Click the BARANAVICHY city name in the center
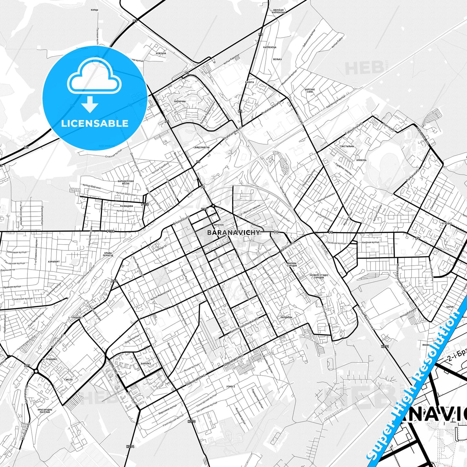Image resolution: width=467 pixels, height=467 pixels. (233, 232)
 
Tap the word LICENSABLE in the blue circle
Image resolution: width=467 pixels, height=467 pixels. (95, 123)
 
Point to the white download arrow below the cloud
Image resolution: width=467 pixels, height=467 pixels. (90, 104)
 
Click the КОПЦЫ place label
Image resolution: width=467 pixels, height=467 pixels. (94, 10)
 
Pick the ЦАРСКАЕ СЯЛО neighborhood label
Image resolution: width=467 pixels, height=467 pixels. (310, 90)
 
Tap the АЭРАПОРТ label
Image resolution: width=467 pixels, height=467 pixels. (54, 261)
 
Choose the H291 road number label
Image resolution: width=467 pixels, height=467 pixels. (385, 346)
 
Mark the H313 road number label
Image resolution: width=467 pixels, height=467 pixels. (191, 421)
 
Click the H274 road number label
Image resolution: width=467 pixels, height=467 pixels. (130, 447)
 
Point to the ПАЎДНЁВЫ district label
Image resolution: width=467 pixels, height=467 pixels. (286, 317)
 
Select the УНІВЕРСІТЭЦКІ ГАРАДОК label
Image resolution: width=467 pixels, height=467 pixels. (319, 276)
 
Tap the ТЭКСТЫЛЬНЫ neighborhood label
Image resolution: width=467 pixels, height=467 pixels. (346, 146)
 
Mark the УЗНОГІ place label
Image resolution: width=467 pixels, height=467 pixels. (231, 386)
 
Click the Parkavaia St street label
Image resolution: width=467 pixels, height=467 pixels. (413, 179)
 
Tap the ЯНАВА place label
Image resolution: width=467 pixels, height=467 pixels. (426, 345)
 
